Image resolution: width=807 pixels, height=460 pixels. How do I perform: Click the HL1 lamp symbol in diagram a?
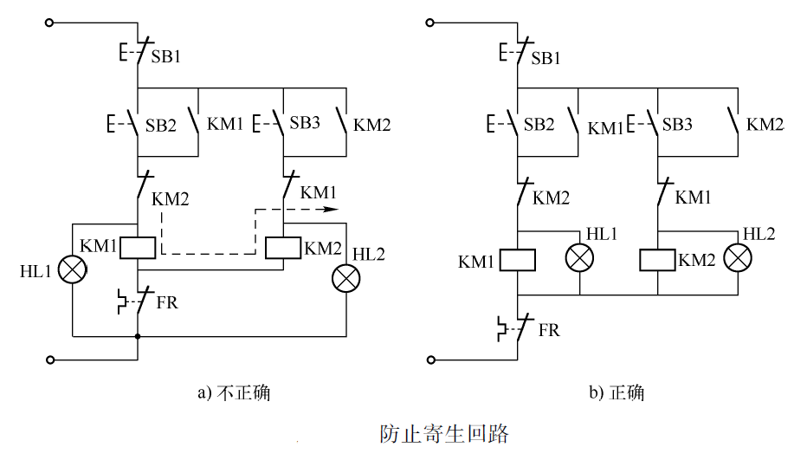(x=74, y=271)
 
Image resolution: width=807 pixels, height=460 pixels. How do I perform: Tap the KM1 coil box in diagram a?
(x=137, y=247)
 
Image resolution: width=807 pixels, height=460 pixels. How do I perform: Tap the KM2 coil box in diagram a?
(x=284, y=247)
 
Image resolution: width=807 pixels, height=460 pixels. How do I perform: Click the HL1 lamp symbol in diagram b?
(x=580, y=258)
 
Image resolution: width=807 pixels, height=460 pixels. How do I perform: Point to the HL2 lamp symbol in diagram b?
(x=738, y=258)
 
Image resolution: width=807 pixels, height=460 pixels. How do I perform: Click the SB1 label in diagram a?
(x=168, y=57)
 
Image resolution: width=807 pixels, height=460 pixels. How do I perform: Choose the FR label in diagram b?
(x=549, y=330)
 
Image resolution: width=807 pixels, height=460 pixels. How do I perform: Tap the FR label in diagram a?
(x=168, y=302)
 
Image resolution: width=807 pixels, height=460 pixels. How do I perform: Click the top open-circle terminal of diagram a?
(x=50, y=23)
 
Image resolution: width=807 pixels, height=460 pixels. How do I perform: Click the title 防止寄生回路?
(x=443, y=433)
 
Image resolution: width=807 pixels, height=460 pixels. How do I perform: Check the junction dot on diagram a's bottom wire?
(x=137, y=336)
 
